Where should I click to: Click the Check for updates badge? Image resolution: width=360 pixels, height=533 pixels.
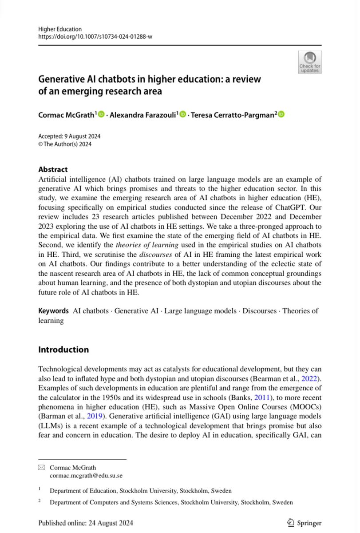point(309,62)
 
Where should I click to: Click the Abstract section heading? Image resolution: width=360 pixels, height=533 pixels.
point(53,169)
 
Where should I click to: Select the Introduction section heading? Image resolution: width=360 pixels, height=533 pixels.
point(63,350)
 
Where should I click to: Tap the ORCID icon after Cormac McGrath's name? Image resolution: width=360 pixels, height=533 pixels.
point(101,115)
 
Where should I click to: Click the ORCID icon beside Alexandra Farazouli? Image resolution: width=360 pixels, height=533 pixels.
point(182,115)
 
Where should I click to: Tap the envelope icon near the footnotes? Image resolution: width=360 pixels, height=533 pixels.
point(42,467)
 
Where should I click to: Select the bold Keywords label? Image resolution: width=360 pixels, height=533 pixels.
point(53,311)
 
